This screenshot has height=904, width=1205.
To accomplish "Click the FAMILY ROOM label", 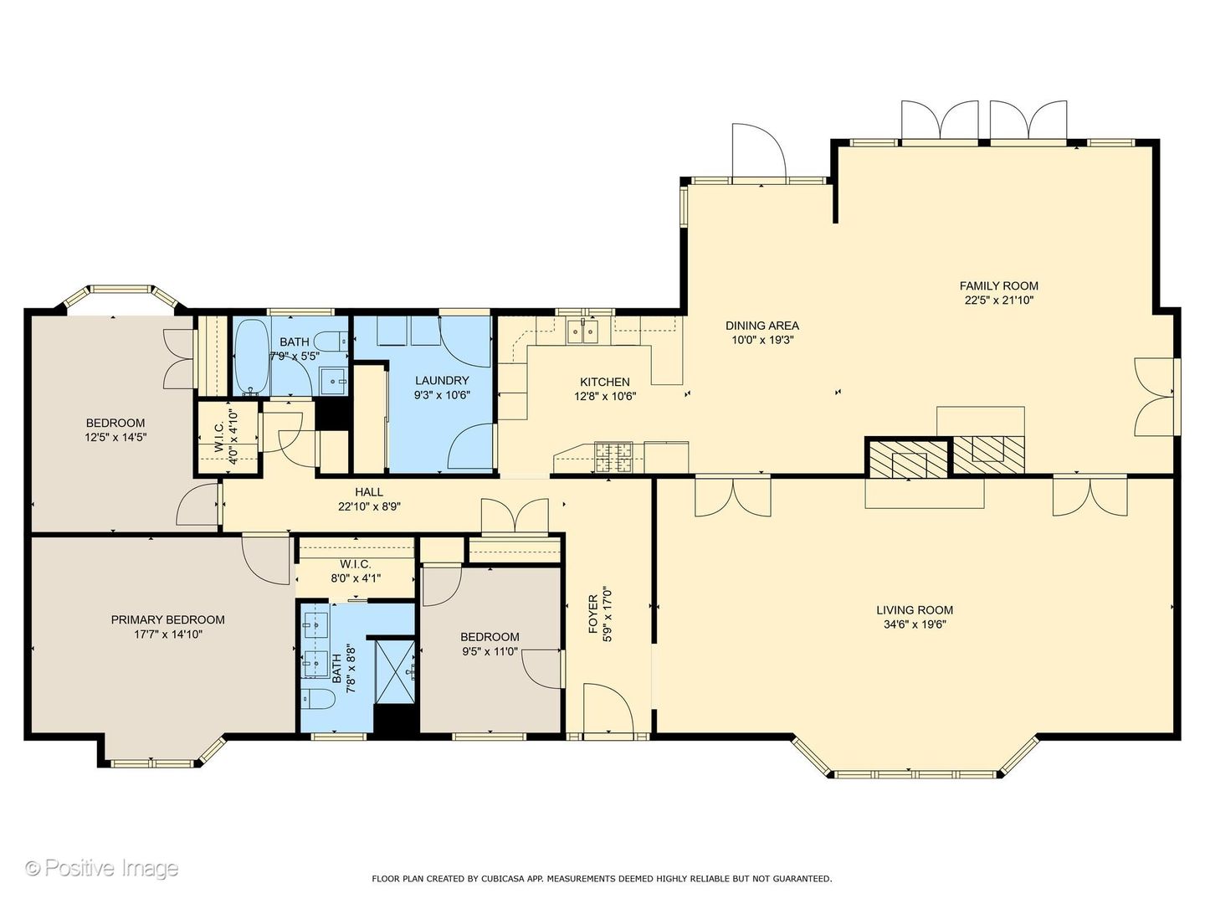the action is coord(998,285).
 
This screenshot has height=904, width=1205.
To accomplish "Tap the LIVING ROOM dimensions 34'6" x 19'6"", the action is coord(915,624).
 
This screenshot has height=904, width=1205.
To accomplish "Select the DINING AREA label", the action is coord(762,326).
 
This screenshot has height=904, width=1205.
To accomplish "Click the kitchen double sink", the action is coord(583,331).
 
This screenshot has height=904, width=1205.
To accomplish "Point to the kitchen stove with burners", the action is coord(613,457).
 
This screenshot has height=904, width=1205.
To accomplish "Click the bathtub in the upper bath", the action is coord(252,357).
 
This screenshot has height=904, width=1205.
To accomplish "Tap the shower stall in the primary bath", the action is coord(395,671).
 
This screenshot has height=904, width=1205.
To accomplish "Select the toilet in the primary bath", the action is coord(319,699).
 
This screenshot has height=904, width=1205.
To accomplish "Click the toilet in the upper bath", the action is coord(335,342).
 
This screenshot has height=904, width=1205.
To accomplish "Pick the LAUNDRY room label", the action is coord(442,380).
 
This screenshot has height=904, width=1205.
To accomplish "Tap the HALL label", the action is coord(369,492).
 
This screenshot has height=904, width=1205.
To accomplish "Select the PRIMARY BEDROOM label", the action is coord(168,619).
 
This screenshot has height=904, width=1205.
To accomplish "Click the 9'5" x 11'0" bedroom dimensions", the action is coord(490,651).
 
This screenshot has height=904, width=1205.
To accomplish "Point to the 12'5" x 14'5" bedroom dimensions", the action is coord(115,438).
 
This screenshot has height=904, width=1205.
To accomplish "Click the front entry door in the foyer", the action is coord(608,708).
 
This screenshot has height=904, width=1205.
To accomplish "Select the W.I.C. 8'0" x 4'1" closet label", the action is coord(356,571).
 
